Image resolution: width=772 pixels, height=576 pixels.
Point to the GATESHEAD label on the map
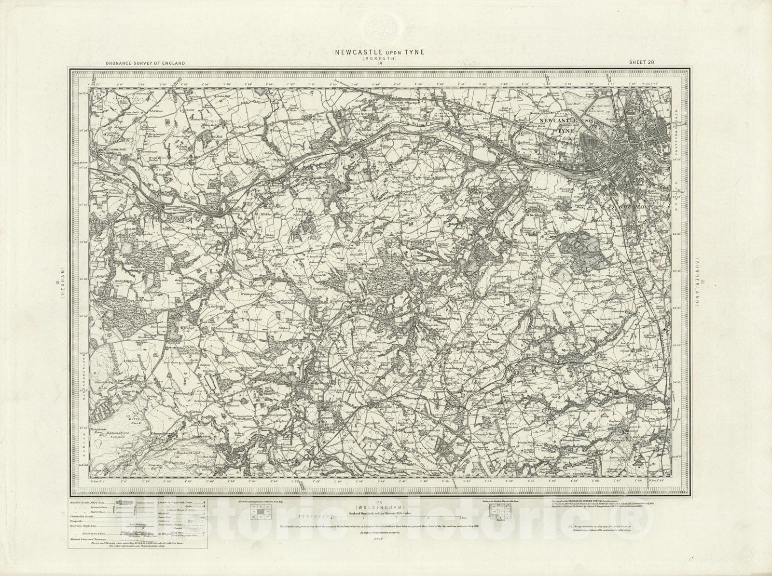634,206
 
